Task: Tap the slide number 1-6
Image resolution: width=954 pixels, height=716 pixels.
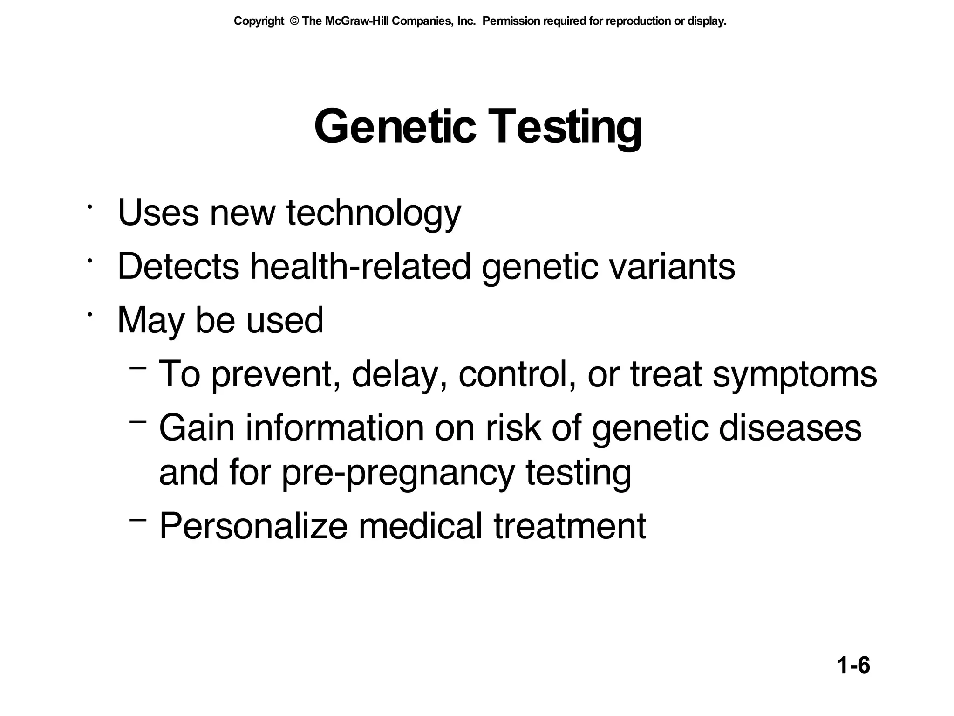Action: (x=853, y=665)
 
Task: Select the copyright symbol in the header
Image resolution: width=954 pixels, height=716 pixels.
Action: (x=294, y=21)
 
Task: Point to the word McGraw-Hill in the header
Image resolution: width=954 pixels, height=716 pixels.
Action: (x=358, y=21)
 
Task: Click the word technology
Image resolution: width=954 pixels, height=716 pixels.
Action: (x=373, y=213)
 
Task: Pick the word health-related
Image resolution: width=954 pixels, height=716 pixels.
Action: (x=361, y=267)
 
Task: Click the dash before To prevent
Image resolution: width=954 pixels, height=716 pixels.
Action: (x=138, y=368)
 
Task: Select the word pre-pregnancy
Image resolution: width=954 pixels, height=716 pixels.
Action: (x=398, y=473)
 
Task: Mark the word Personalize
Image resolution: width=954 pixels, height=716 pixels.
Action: (x=253, y=527)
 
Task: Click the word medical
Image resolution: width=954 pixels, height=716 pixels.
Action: (x=420, y=527)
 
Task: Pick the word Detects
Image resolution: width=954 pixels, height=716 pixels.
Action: (x=178, y=267)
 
